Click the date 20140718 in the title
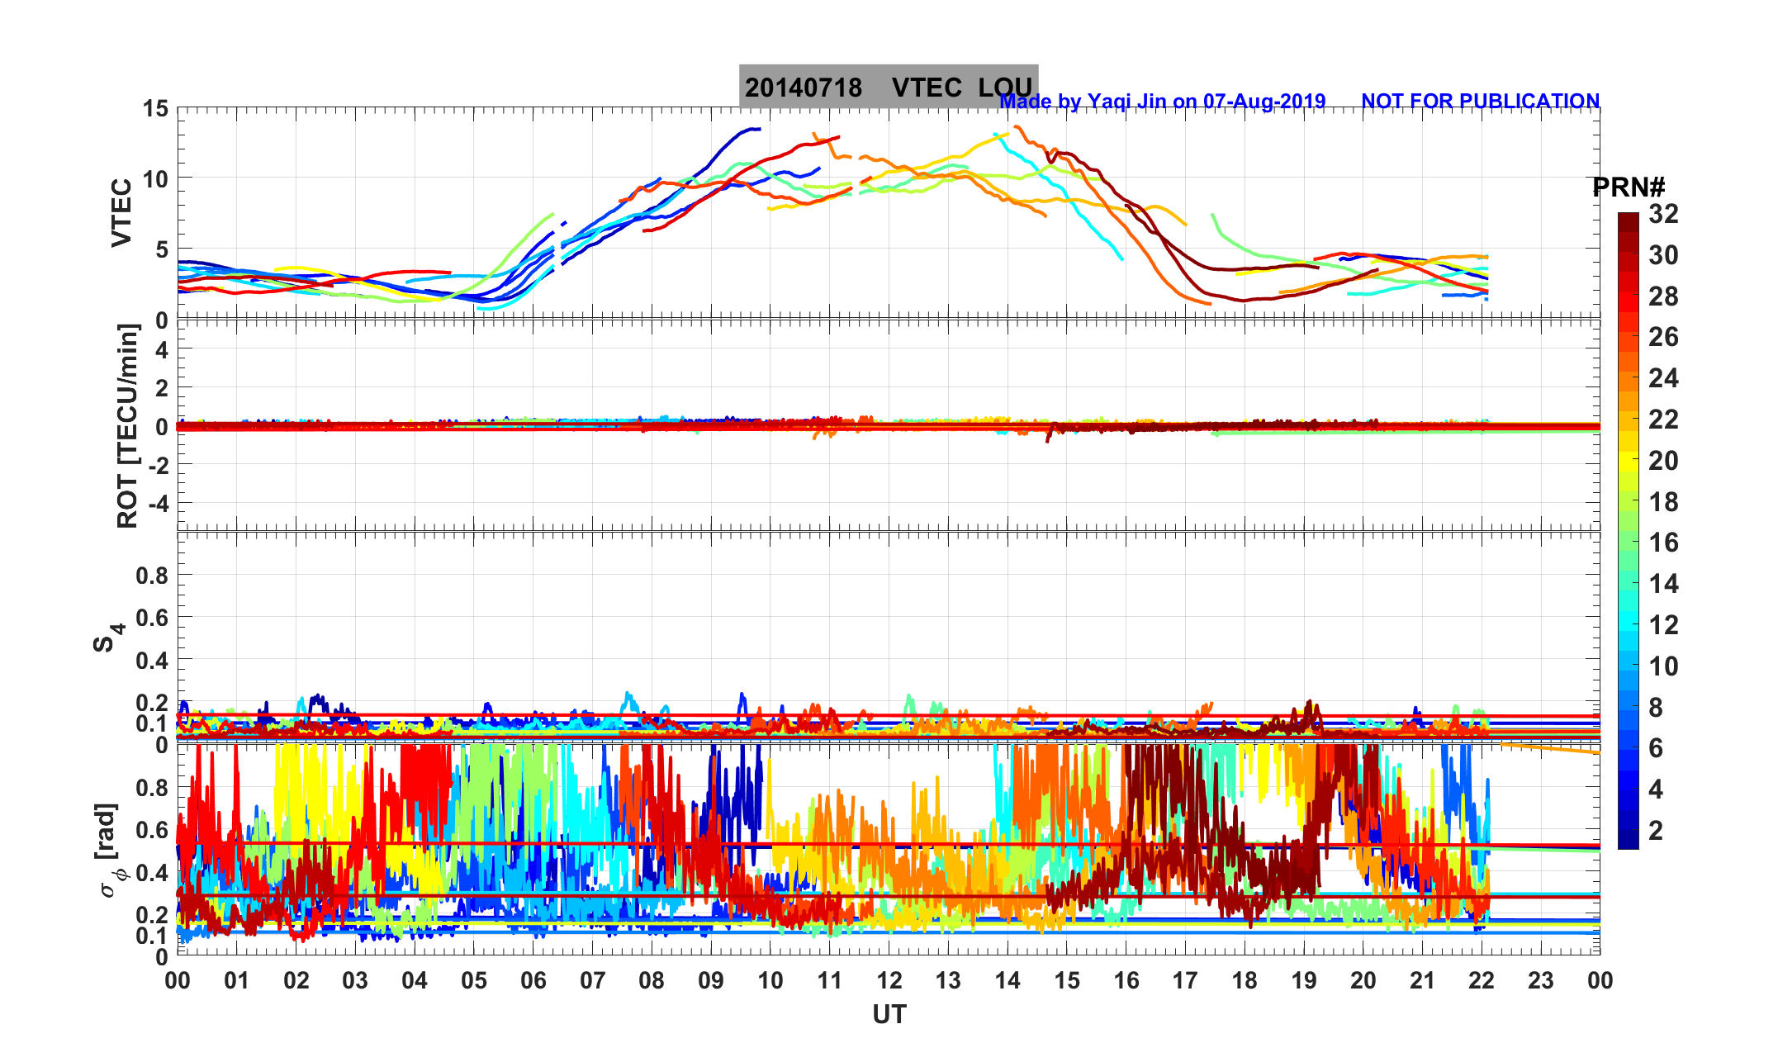point(803,88)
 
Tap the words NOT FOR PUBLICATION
point(1480,101)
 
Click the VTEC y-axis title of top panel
point(121,213)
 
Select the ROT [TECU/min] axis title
point(127,426)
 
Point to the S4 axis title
point(107,638)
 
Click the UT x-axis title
point(889,1014)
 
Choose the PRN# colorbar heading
point(1629,187)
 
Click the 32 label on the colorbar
point(1663,215)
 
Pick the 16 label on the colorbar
point(1663,543)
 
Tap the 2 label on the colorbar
point(1656,831)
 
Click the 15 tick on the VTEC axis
point(154,108)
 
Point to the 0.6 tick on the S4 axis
point(152,617)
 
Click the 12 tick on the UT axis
point(889,980)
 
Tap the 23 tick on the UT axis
point(1541,980)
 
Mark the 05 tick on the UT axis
point(474,980)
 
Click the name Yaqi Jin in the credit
point(1126,101)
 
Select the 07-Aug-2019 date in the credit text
point(1264,101)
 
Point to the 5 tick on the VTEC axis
point(161,249)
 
